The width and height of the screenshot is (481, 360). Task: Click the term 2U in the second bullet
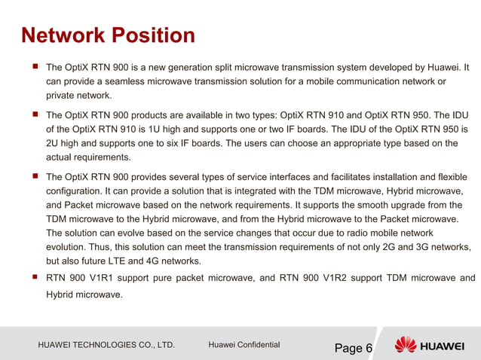point(53,144)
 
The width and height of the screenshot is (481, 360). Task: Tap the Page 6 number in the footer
point(354,348)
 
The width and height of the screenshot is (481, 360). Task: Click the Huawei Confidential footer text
point(244,346)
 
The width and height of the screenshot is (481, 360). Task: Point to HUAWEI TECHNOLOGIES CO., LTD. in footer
point(106,346)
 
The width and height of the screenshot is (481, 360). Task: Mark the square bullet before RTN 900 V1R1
point(34,277)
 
